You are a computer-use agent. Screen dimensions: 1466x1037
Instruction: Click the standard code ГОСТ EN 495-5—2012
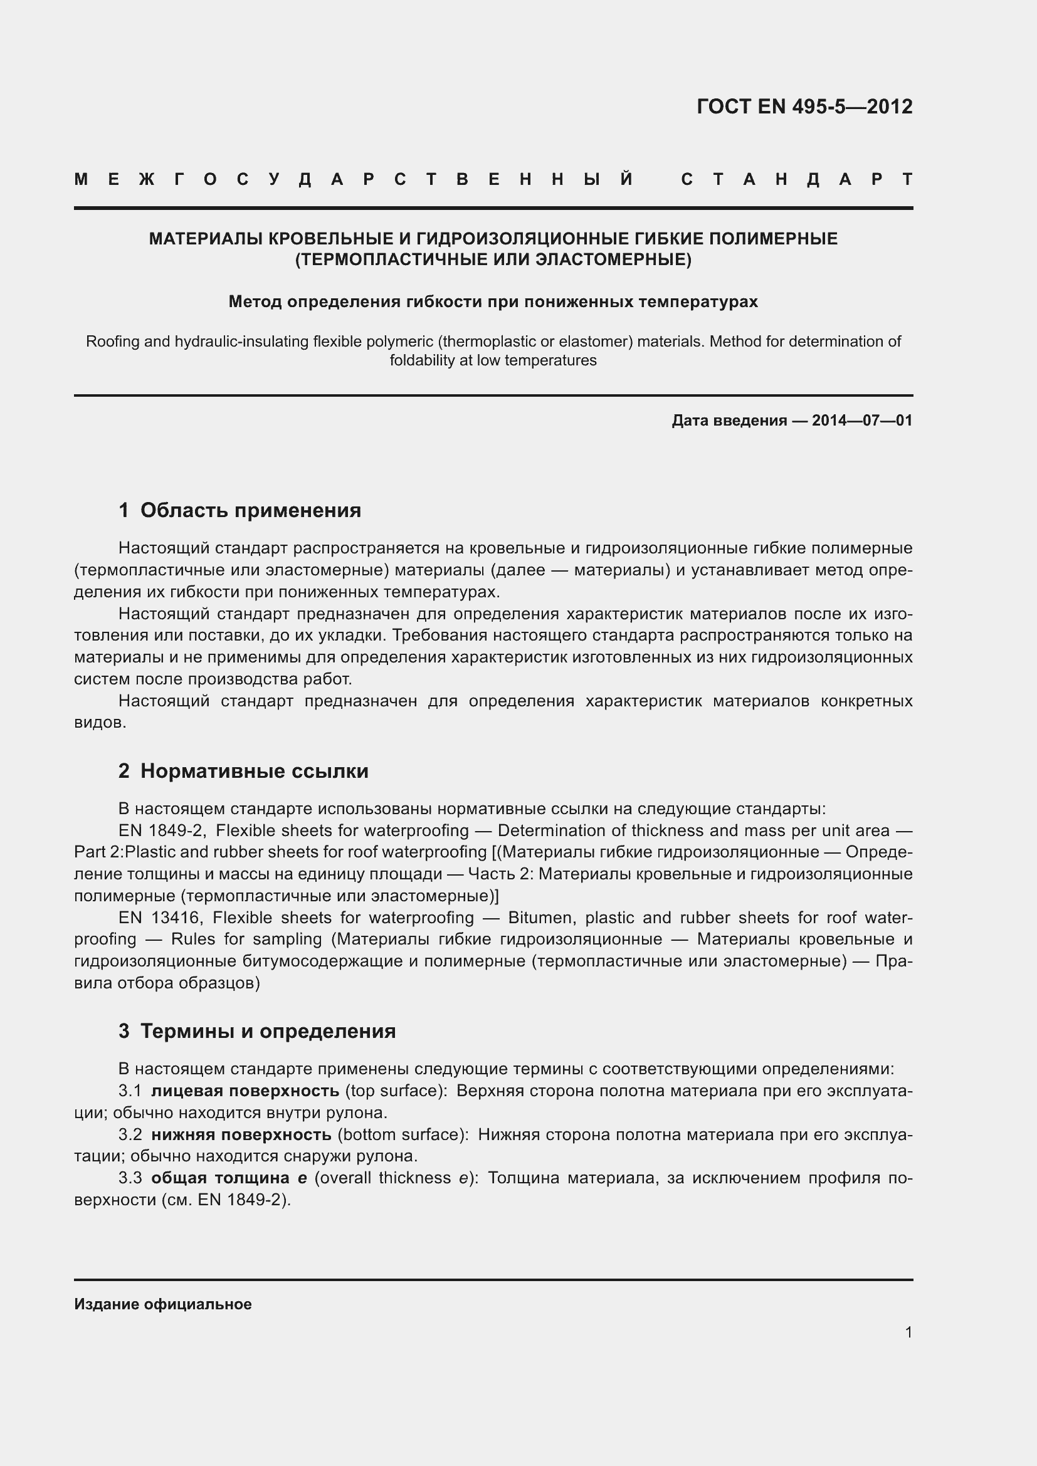coord(804,106)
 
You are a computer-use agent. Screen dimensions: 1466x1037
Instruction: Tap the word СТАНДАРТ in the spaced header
coord(797,179)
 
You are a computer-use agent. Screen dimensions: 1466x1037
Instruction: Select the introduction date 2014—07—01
coord(862,420)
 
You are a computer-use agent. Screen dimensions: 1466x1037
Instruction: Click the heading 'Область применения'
coord(250,510)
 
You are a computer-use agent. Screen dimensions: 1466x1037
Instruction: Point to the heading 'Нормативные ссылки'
coord(254,771)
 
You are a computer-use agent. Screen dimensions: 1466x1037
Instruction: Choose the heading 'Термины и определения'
coord(268,1030)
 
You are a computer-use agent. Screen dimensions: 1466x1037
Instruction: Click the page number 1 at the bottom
coord(908,1332)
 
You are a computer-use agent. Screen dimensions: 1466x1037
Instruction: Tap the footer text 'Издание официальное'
coord(163,1304)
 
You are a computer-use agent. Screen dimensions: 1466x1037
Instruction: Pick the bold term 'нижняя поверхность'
coord(241,1134)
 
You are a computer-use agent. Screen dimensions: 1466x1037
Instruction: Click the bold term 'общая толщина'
coord(220,1178)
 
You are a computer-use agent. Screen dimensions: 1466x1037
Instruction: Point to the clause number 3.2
coord(130,1134)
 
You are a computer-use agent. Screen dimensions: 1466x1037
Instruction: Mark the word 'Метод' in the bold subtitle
coord(255,301)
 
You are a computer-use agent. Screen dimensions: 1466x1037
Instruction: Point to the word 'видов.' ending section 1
coord(100,722)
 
